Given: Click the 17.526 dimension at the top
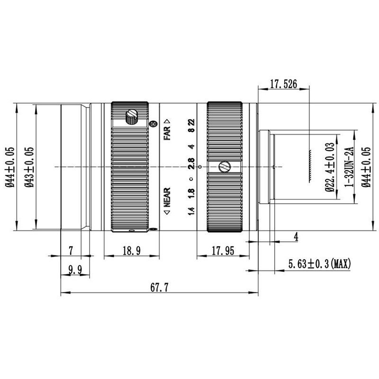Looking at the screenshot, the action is [283, 84].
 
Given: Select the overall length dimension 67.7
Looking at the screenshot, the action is [159, 288].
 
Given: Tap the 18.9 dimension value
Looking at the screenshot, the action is [132, 251].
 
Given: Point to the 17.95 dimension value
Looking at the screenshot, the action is [223, 251].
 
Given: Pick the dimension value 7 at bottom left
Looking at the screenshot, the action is [71, 251].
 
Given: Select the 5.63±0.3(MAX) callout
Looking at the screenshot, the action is [319, 264].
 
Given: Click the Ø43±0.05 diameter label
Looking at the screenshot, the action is [29, 167].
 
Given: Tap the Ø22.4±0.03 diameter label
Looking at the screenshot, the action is [330, 167].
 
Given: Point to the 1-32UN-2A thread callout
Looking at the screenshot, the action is [349, 167].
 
